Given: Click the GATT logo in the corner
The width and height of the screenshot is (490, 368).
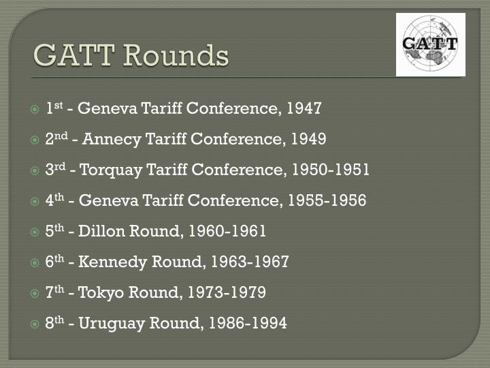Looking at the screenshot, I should [430, 44].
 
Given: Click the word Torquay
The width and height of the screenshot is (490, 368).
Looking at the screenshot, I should [106, 170].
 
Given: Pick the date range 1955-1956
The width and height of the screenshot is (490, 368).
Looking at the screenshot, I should [327, 200].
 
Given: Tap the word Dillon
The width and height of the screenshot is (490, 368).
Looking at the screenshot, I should [100, 231].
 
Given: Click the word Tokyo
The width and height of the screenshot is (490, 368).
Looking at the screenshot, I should [98, 292].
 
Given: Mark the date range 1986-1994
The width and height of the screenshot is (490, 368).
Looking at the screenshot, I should [248, 323].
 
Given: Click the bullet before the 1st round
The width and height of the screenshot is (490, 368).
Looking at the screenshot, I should [35, 109].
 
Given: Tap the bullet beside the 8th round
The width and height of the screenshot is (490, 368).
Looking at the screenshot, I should [35, 324].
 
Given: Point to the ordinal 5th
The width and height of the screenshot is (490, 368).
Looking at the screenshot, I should [54, 230].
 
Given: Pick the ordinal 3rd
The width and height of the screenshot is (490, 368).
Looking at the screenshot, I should [54, 169].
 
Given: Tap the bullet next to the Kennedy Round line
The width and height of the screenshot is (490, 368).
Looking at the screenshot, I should [35, 262].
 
